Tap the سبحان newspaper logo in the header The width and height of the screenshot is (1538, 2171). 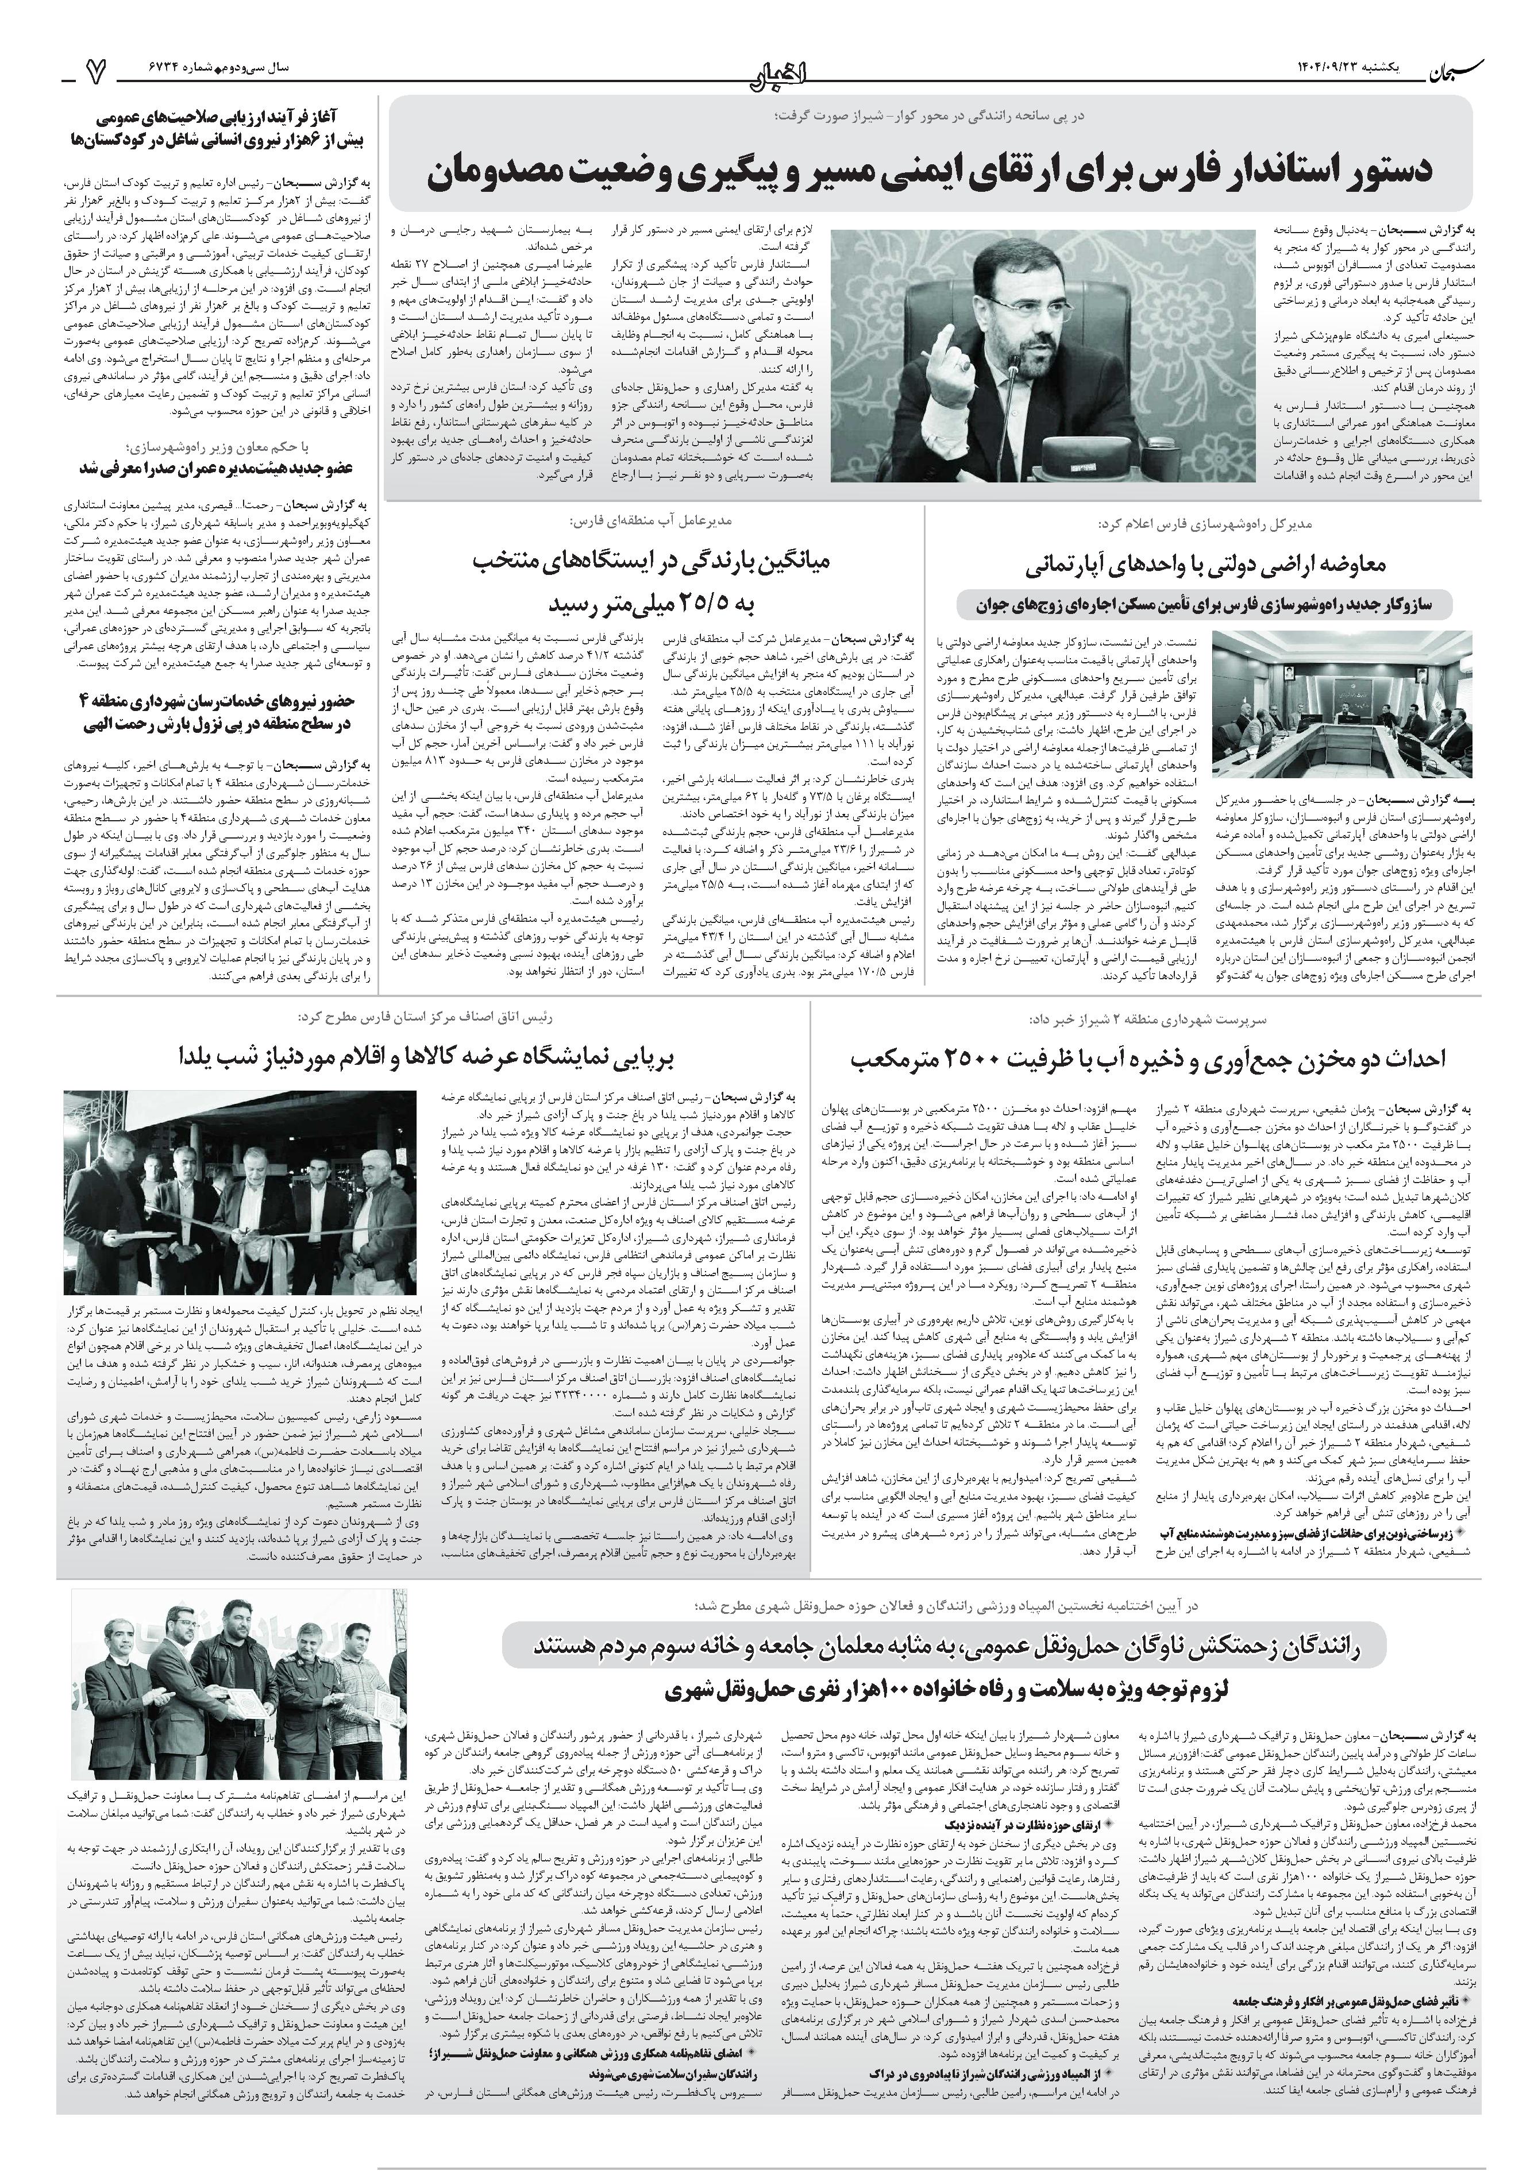click(1449, 69)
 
